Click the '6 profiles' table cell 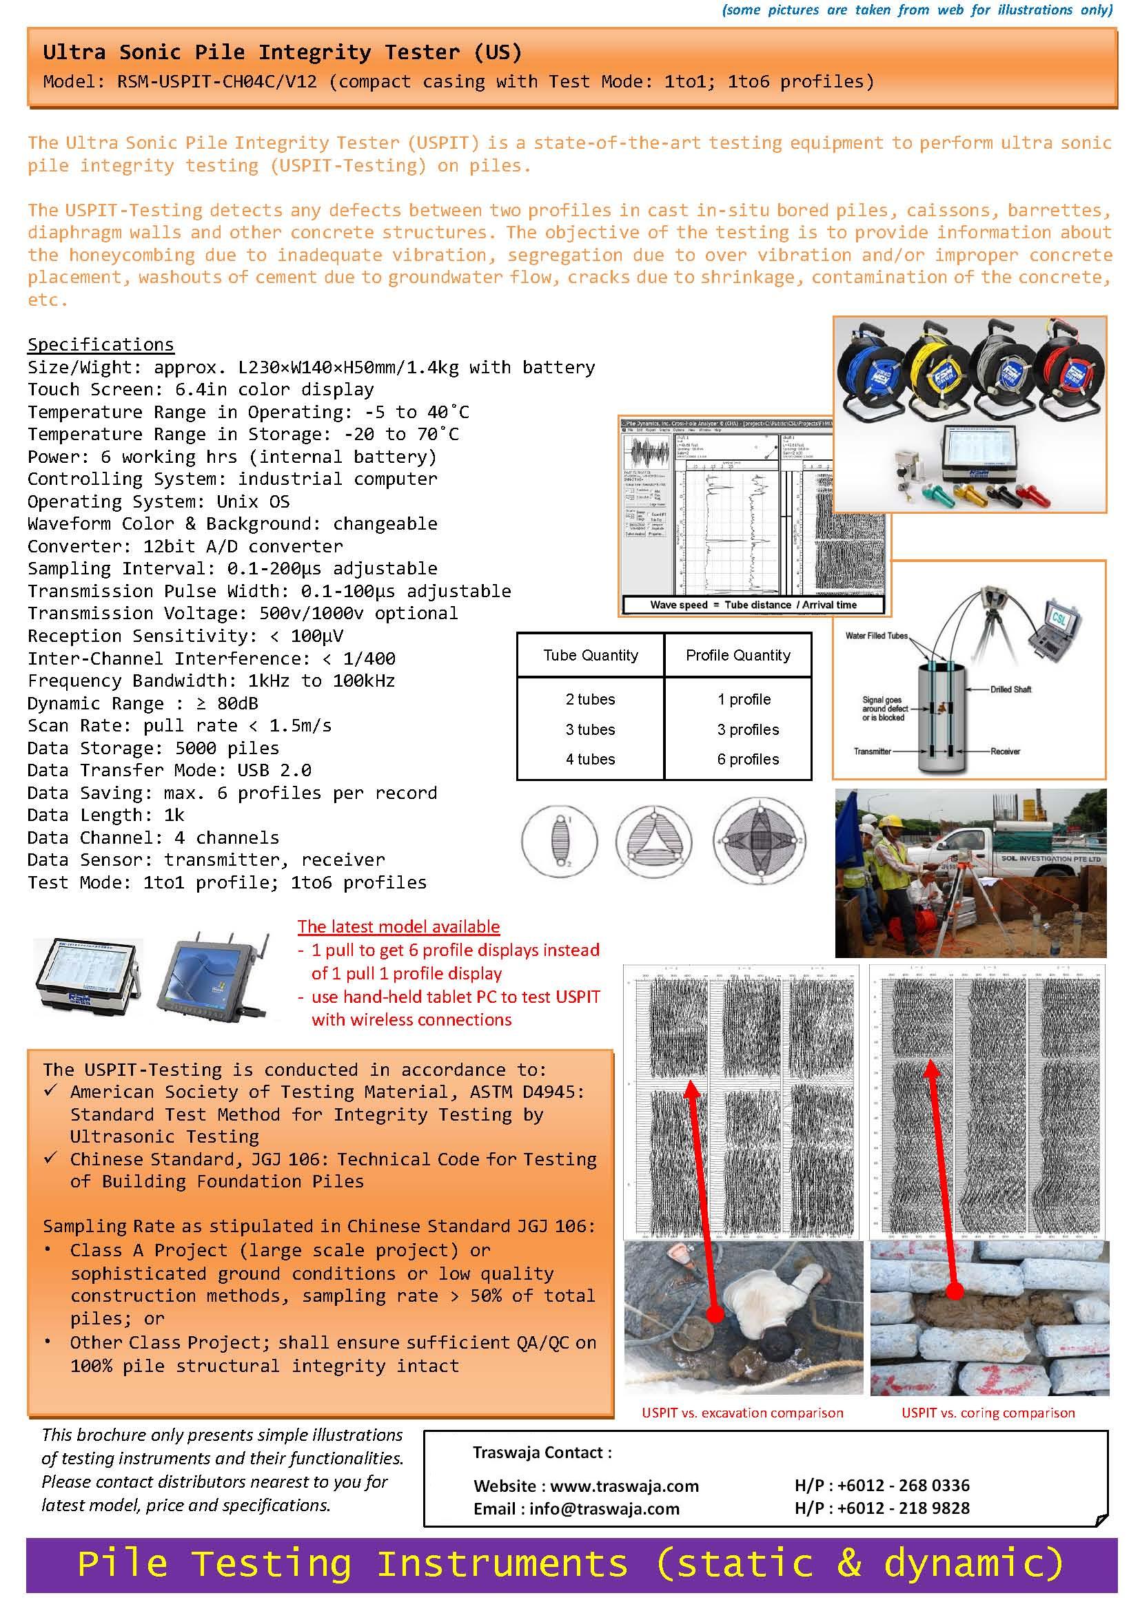pyautogui.click(x=748, y=759)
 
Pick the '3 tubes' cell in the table pyautogui.click(x=591, y=729)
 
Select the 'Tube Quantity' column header pyautogui.click(x=591, y=655)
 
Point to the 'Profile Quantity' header pyautogui.click(x=737, y=655)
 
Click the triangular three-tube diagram pyautogui.click(x=653, y=840)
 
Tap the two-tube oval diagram pyautogui.click(x=560, y=840)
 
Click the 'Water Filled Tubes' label pyautogui.click(x=876, y=636)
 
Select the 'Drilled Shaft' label pyautogui.click(x=1010, y=689)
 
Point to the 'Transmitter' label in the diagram pyautogui.click(x=872, y=751)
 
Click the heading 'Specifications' pyautogui.click(x=101, y=344)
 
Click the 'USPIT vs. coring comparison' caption pyautogui.click(x=988, y=1413)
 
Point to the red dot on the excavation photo pyautogui.click(x=715, y=1313)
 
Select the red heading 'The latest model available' pyautogui.click(x=398, y=926)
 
